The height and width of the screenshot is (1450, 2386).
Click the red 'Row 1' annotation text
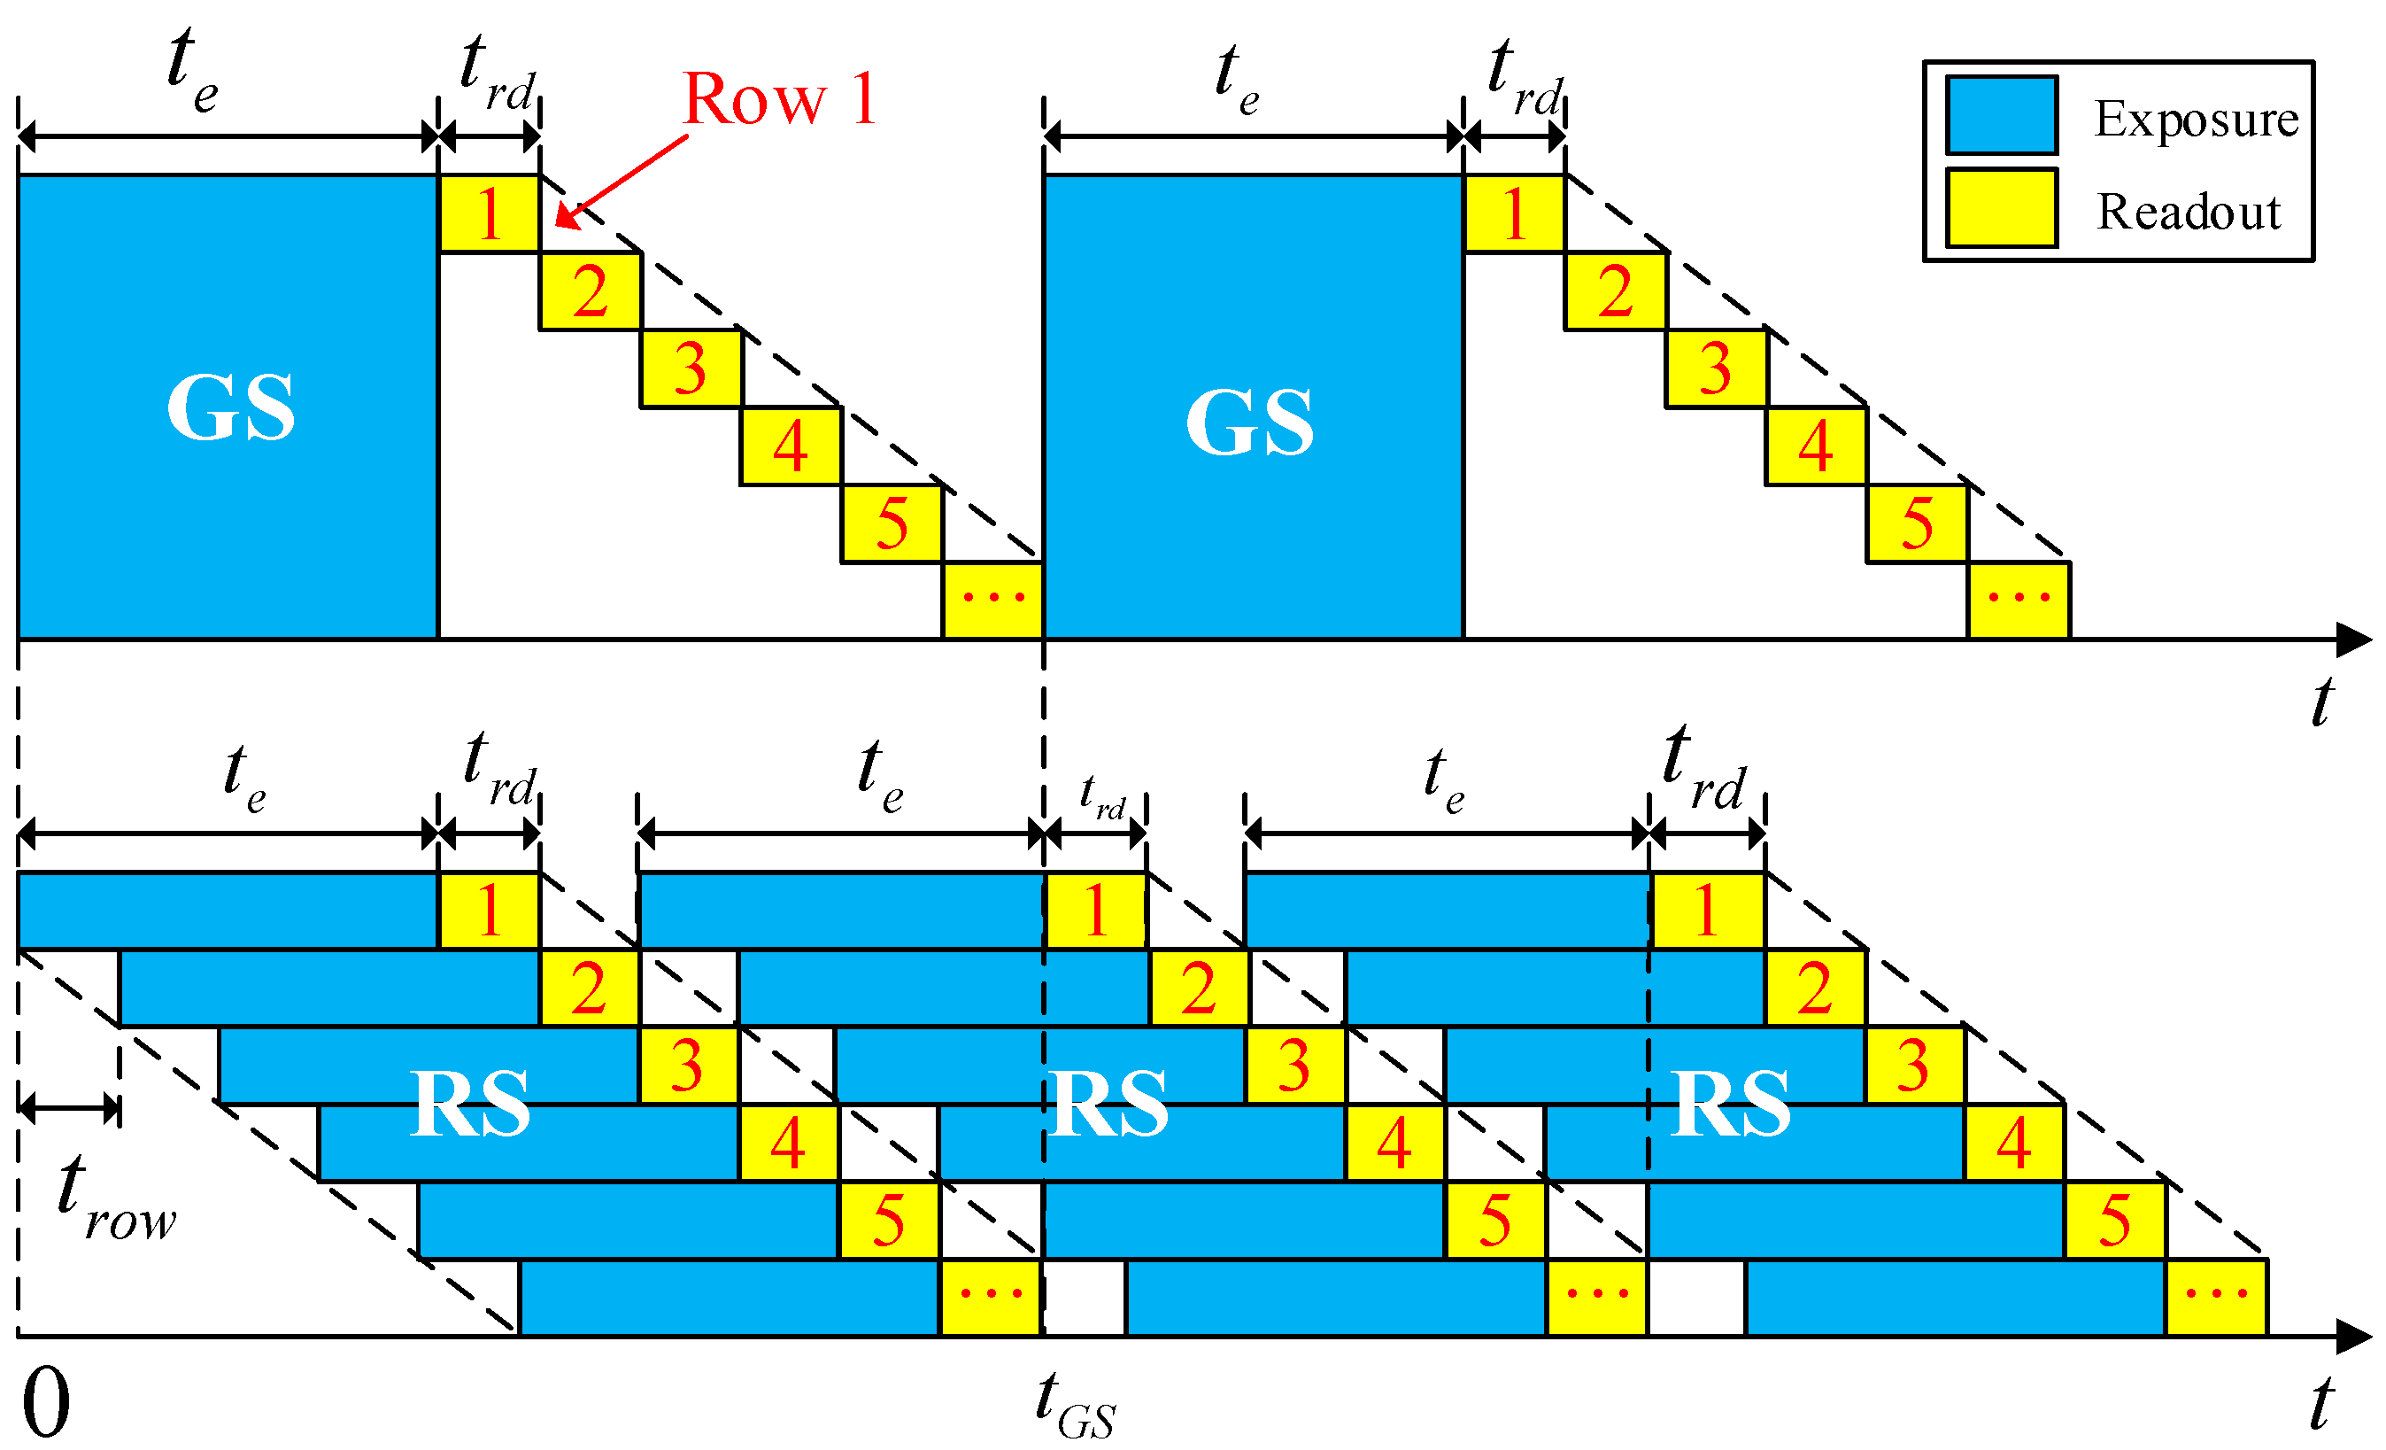[x=779, y=99]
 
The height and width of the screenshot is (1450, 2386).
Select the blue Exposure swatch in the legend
[x=2002, y=115]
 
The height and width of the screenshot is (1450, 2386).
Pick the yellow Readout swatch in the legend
[x=2002, y=208]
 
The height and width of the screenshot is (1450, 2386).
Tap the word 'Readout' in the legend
[x=2189, y=211]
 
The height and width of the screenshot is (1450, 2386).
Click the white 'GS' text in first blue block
[x=230, y=407]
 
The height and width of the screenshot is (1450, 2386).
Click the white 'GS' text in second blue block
[x=1249, y=422]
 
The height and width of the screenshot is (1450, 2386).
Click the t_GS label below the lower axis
[x=1075, y=1406]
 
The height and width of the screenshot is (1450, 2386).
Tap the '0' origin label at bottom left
[x=45, y=1402]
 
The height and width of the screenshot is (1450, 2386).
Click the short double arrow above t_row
[x=68, y=1107]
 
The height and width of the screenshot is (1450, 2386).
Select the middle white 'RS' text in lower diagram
[x=1109, y=1105]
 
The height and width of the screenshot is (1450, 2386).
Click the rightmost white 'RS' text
[x=1731, y=1105]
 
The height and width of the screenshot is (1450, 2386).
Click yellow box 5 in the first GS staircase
[x=892, y=523]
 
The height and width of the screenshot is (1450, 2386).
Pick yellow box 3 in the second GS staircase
[x=1715, y=368]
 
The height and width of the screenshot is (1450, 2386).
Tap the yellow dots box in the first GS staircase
[x=992, y=600]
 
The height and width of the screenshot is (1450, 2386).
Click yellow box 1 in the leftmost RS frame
[x=489, y=911]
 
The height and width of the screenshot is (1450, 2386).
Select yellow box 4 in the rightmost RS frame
[x=2013, y=1143]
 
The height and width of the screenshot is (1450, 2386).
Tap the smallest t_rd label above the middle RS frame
[x=1102, y=798]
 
